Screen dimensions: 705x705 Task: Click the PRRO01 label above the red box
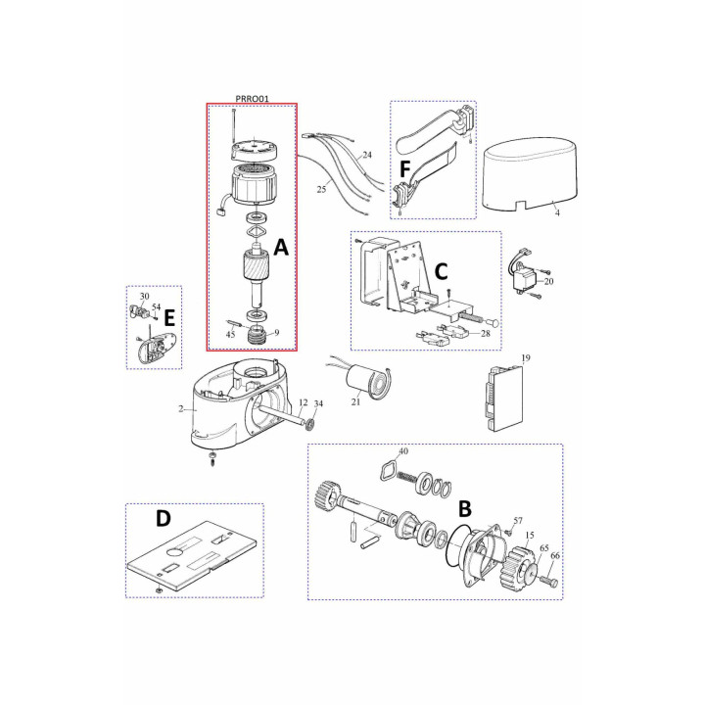(252, 99)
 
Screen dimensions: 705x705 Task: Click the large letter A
(281, 248)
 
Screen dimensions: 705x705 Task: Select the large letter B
(464, 508)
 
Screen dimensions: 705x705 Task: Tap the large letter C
(441, 271)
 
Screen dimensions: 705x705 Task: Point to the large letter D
(164, 518)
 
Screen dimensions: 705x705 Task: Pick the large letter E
(169, 318)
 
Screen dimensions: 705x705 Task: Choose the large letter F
(404, 170)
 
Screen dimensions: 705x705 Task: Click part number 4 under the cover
(557, 213)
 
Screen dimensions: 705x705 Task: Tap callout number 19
(526, 358)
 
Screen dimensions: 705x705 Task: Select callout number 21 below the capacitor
(355, 402)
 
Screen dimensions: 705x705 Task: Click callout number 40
(403, 451)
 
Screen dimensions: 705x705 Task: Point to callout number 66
(555, 556)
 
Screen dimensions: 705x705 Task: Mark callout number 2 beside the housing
(181, 408)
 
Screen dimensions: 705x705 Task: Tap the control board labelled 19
(504, 399)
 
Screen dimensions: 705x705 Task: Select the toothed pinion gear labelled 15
(518, 568)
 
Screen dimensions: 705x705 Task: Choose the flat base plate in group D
(192, 555)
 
